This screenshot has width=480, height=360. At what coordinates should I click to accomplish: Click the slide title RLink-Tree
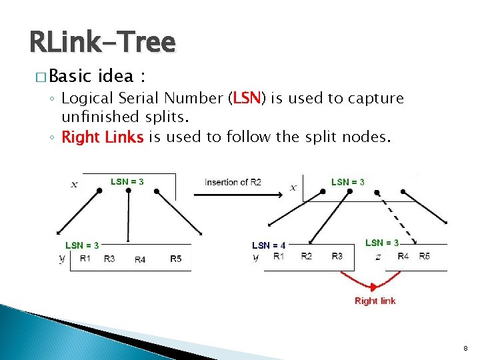pyautogui.click(x=102, y=42)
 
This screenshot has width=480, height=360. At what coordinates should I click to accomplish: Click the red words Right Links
pyautogui.click(x=102, y=137)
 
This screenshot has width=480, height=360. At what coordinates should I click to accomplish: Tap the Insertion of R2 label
pyautogui.click(x=232, y=182)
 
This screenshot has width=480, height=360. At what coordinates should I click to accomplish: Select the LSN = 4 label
pyautogui.click(x=269, y=245)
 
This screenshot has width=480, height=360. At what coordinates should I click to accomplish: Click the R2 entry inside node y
pyautogui.click(x=306, y=256)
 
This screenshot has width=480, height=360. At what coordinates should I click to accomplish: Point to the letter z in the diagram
pyautogui.click(x=378, y=257)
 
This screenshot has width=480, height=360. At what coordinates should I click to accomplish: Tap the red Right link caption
pyautogui.click(x=375, y=301)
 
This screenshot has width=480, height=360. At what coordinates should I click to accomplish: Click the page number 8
pyautogui.click(x=465, y=349)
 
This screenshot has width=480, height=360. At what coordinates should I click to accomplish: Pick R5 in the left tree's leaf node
pyautogui.click(x=175, y=259)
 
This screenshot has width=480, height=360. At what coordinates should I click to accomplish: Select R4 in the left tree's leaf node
pyautogui.click(x=140, y=259)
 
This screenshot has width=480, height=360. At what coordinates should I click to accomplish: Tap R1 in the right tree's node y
pyautogui.click(x=279, y=256)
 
